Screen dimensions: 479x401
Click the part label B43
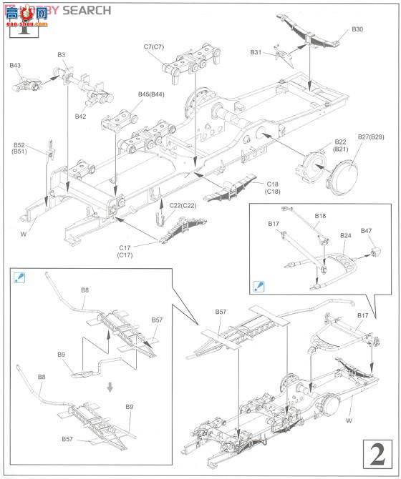pyautogui.click(x=15, y=66)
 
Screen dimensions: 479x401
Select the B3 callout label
pyautogui.click(x=62, y=54)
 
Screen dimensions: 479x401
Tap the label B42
pyautogui.click(x=80, y=116)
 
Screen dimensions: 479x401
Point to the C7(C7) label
pyautogui.click(x=154, y=46)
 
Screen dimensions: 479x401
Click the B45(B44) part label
pyautogui.click(x=151, y=94)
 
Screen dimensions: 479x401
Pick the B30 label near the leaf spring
pyautogui.click(x=357, y=29)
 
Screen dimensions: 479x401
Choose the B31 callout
pyautogui.click(x=256, y=52)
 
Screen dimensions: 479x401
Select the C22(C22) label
pyautogui.click(x=183, y=205)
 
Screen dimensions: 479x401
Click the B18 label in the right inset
pyautogui.click(x=320, y=215)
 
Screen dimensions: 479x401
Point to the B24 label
pyautogui.click(x=346, y=235)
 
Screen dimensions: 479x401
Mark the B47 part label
pyautogui.click(x=367, y=231)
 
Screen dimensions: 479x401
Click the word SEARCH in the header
pyautogui.click(x=86, y=10)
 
